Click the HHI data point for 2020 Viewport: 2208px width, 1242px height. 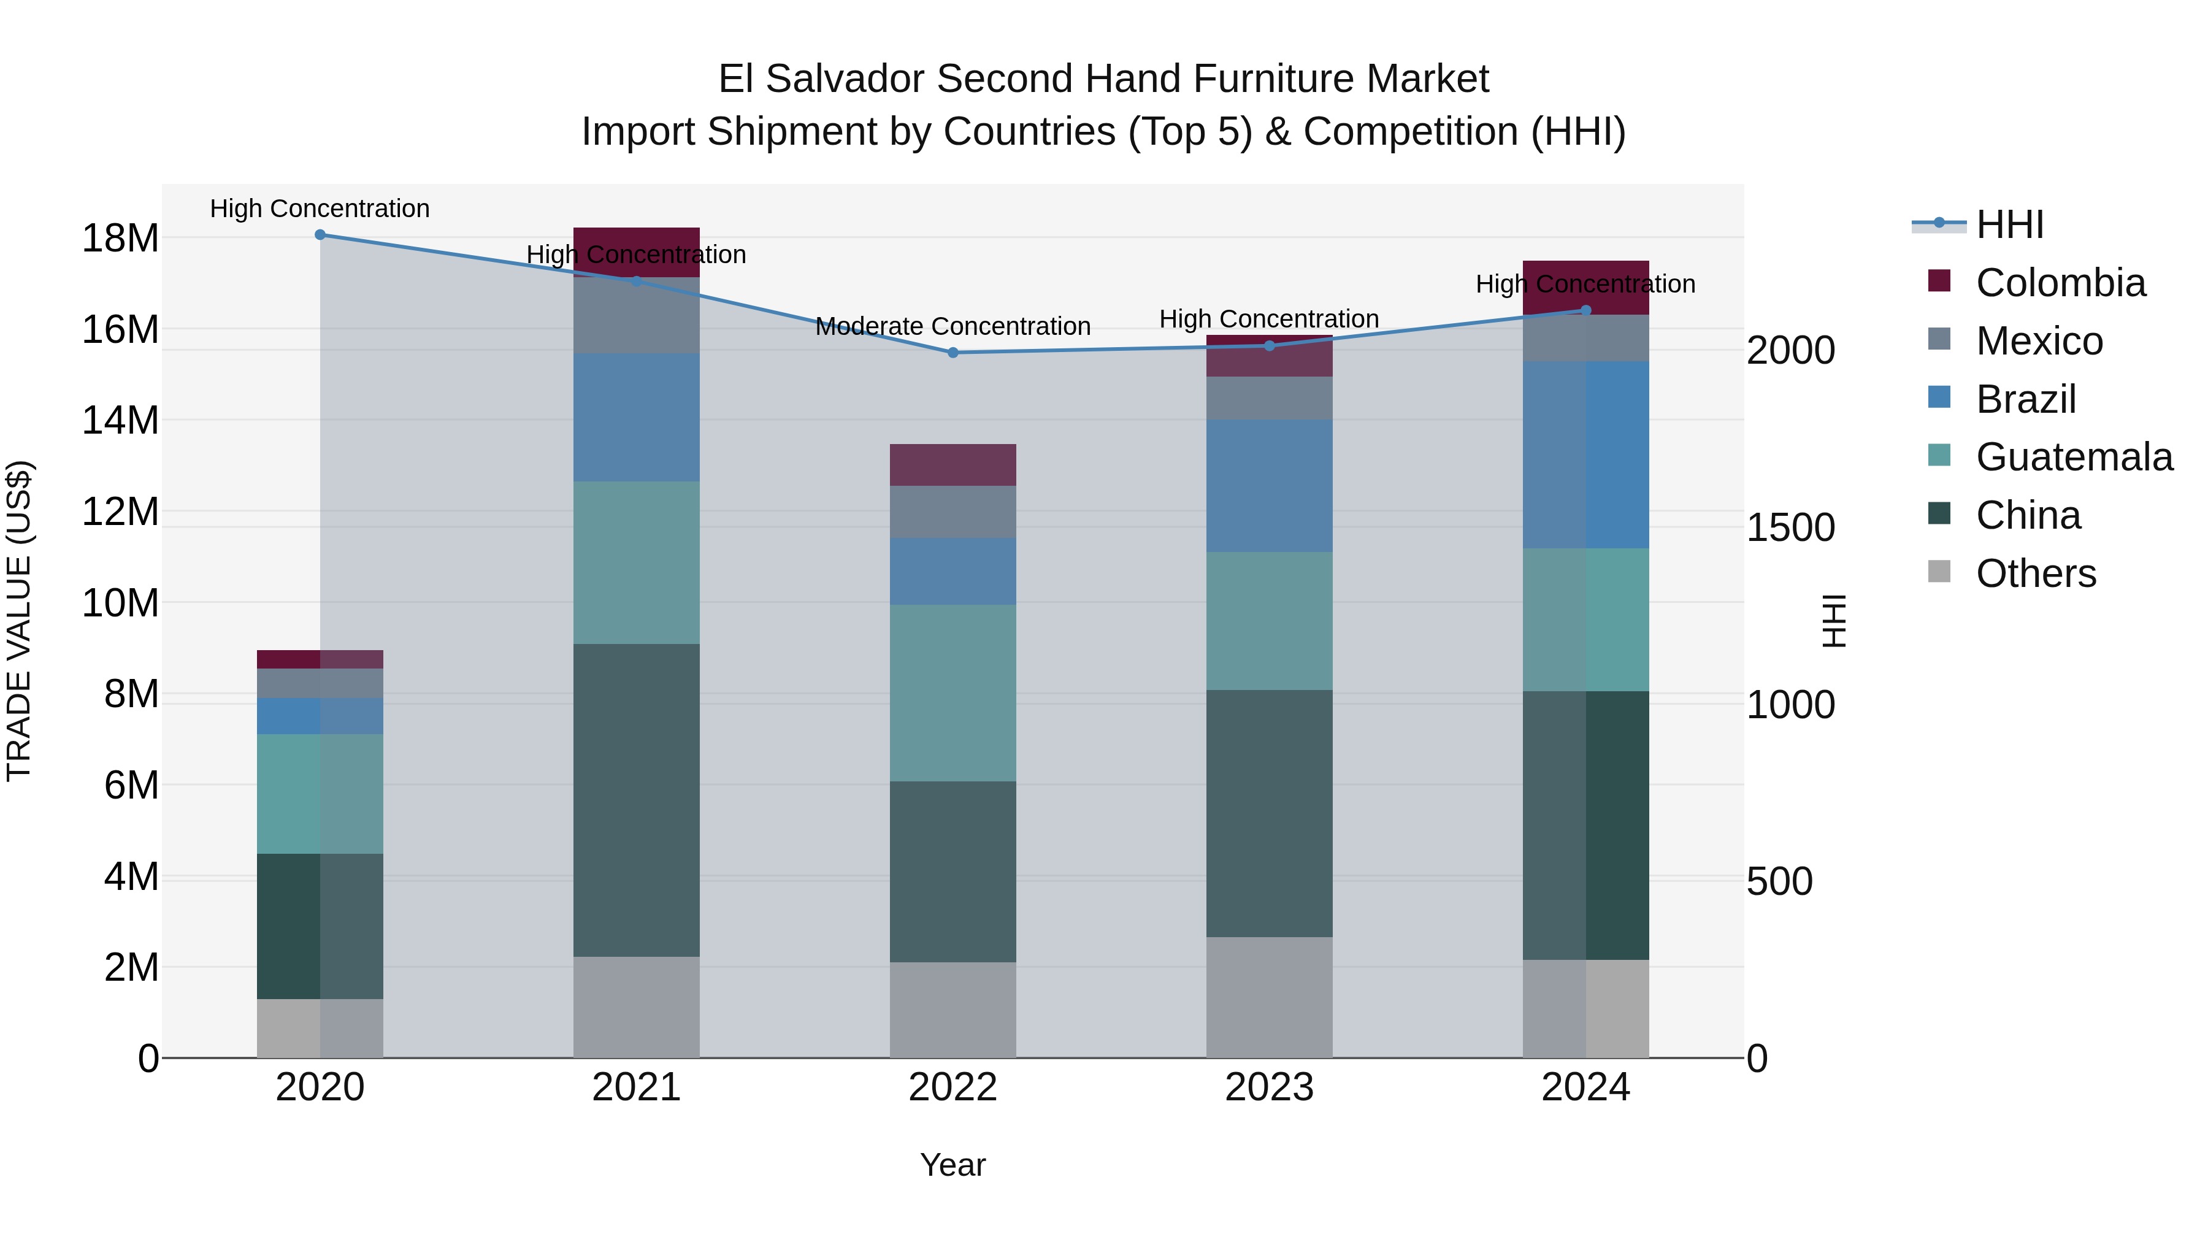[x=320, y=235]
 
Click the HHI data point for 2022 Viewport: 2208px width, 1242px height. [x=953, y=352]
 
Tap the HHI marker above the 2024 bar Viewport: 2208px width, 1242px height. [x=1585, y=310]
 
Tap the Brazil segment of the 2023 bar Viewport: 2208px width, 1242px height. [x=1268, y=485]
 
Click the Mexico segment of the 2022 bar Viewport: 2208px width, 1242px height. [x=953, y=512]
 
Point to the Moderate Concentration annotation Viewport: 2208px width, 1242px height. [x=953, y=326]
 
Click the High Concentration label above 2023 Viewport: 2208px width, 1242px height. [x=1268, y=319]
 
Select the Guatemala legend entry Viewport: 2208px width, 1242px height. [x=2074, y=457]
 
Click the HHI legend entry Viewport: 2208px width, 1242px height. [x=2009, y=224]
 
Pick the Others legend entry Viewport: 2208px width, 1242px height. [x=2036, y=573]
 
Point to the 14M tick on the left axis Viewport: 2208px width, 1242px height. [x=120, y=421]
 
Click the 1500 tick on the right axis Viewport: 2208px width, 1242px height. [x=1790, y=528]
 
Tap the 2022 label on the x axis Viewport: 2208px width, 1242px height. [x=953, y=1087]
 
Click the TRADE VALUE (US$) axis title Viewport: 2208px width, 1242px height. [x=19, y=621]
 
